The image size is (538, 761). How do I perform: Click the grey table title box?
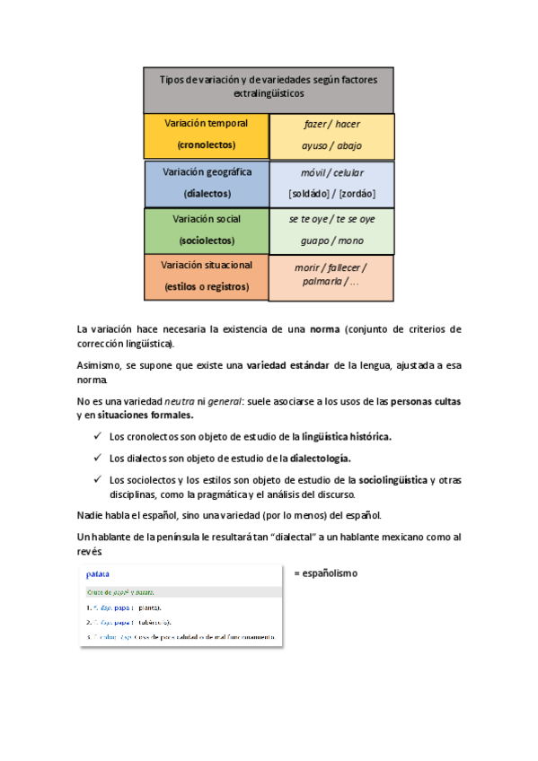268,88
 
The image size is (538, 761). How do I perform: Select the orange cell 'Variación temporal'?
206,134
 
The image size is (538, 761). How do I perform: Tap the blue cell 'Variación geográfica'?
207,182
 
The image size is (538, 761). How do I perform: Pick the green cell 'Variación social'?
207,230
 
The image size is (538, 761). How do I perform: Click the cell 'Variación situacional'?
207,276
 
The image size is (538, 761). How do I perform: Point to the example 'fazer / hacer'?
332,125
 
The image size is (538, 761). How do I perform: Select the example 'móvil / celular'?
332,172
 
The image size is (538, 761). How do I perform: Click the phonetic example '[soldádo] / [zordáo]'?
332,193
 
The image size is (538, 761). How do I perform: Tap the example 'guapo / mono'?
332,241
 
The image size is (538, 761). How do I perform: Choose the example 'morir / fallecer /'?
331,267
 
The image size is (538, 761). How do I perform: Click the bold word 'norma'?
324,329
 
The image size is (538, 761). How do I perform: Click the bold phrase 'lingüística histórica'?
347,437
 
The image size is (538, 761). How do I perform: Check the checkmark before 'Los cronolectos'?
97,437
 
